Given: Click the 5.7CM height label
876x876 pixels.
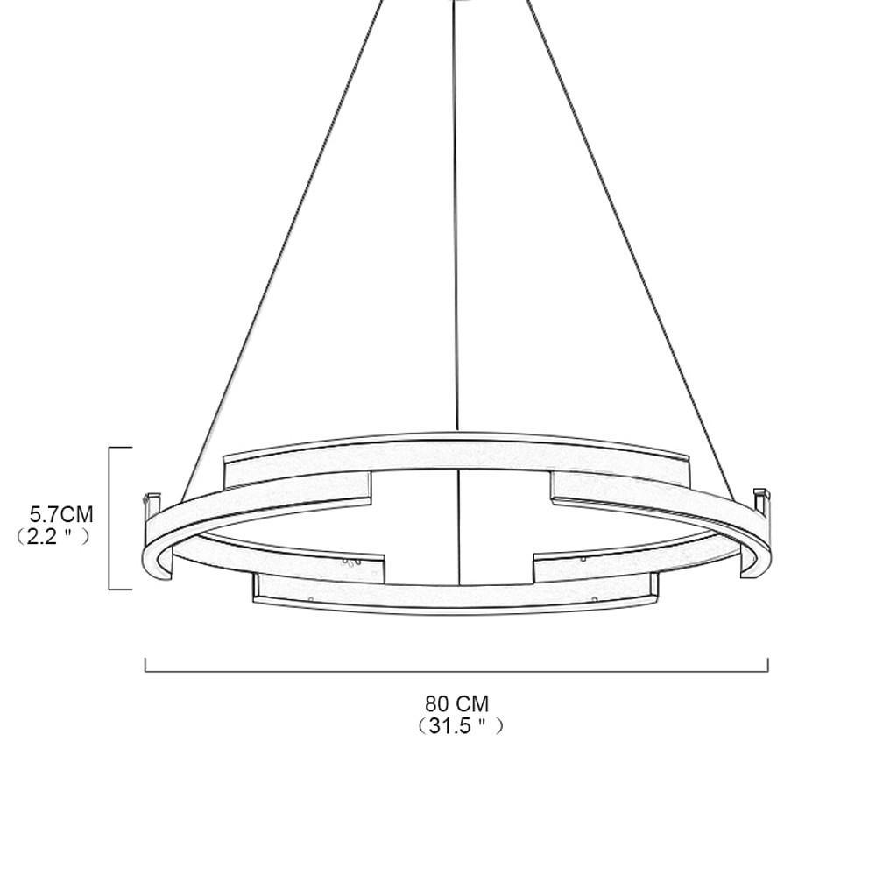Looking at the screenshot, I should [61, 514].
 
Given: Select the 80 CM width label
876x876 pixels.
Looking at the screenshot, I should [457, 703].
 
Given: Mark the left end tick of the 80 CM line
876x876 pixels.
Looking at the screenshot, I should [145, 665].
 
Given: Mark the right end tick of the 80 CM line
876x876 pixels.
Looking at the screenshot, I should [767, 665].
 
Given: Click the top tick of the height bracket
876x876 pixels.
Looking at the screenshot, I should [121, 448].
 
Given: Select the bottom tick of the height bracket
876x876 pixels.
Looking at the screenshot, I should [121, 590].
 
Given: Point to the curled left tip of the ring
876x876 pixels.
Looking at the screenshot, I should [166, 569].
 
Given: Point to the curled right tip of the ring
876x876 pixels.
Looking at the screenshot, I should [749, 569].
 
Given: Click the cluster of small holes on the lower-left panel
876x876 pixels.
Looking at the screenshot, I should [351, 562].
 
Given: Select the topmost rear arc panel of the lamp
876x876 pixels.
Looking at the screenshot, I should [456, 451].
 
